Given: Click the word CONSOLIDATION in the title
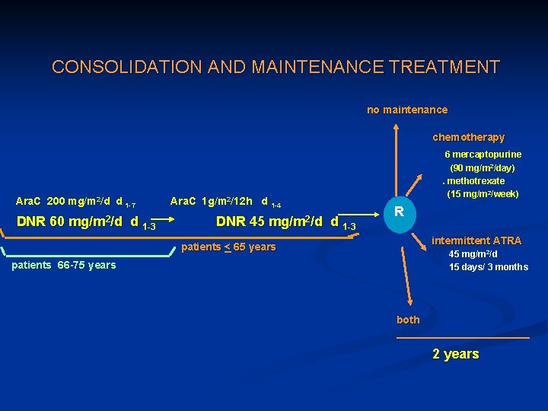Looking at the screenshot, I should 115,67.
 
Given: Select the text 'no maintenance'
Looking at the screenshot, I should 407,110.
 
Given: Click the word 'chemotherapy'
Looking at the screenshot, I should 468,138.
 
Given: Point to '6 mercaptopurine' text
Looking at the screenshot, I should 483,155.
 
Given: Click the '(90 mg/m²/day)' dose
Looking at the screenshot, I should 483,167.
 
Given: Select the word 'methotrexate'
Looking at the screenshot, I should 476,181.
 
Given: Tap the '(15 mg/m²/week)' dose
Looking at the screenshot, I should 483,194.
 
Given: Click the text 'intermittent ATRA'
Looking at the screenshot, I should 476,241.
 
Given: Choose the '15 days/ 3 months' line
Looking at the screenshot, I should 488,267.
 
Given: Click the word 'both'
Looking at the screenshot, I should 408,320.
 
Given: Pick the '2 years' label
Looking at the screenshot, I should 455,354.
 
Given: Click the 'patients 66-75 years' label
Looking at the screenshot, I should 64,265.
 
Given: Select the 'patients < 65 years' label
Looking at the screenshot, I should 228,247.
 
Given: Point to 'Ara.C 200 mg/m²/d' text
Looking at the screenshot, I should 69,202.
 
